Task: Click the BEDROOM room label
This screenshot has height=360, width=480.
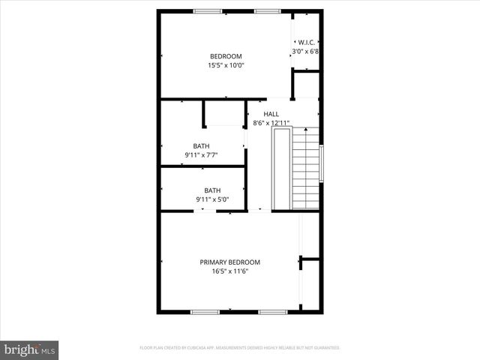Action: pyautogui.click(x=226, y=56)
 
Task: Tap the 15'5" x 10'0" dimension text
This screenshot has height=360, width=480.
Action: pyautogui.click(x=226, y=66)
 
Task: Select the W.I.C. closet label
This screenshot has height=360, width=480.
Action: pyautogui.click(x=306, y=42)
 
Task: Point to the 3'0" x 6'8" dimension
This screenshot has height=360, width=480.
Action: pyautogui.click(x=305, y=52)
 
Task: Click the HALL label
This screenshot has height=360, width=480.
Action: pyautogui.click(x=271, y=113)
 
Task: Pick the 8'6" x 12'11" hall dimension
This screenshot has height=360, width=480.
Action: pyautogui.click(x=271, y=123)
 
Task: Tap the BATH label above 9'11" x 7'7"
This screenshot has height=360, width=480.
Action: pyautogui.click(x=201, y=146)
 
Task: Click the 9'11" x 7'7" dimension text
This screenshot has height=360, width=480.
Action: pyautogui.click(x=201, y=156)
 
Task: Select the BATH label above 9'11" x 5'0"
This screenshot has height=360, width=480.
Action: pyautogui.click(x=212, y=190)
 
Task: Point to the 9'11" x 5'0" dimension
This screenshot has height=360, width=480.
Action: pyautogui.click(x=212, y=200)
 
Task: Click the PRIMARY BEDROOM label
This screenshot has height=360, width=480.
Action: pyautogui.click(x=229, y=262)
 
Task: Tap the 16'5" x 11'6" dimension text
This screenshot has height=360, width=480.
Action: pyautogui.click(x=229, y=271)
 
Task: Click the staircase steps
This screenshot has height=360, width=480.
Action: pyautogui.click(x=305, y=169)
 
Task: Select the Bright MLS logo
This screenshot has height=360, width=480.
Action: pyautogui.click(x=30, y=349)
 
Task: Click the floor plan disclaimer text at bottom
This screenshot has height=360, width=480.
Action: pyautogui.click(x=240, y=348)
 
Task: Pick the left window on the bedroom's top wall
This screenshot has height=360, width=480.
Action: pyautogui.click(x=208, y=11)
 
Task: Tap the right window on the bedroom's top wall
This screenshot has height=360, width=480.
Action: pyautogui.click(x=267, y=11)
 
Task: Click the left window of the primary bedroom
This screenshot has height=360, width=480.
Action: pyautogui.click(x=205, y=311)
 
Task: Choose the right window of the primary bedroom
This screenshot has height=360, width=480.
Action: pyautogui.click(x=273, y=311)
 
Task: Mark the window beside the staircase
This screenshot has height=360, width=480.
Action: pyautogui.click(x=322, y=163)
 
